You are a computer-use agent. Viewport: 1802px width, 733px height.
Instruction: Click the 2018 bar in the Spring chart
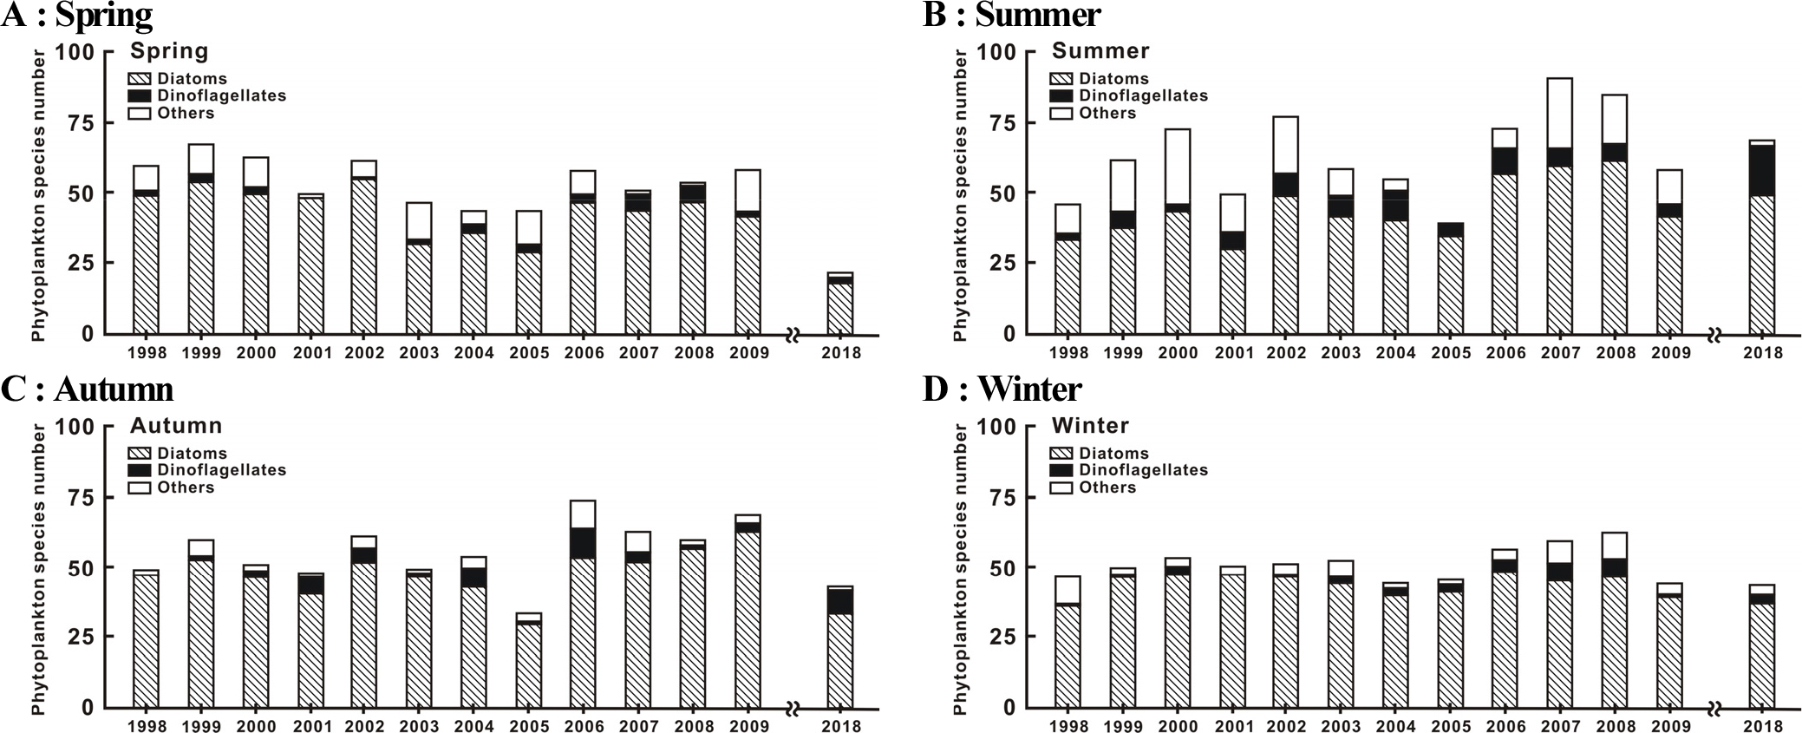[x=839, y=304]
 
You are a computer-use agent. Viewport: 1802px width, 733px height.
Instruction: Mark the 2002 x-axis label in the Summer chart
[x=1286, y=353]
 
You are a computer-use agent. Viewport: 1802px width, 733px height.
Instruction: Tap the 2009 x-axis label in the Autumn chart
[x=749, y=727]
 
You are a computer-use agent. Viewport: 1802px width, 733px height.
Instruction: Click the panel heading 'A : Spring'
[x=77, y=15]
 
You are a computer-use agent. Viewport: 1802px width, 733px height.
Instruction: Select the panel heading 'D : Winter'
[x=1002, y=389]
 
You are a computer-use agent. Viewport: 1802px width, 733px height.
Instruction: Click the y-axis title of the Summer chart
[x=959, y=195]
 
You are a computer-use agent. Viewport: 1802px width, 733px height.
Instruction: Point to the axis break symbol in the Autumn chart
[x=792, y=710]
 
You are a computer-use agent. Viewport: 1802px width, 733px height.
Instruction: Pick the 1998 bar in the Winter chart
[x=1067, y=642]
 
